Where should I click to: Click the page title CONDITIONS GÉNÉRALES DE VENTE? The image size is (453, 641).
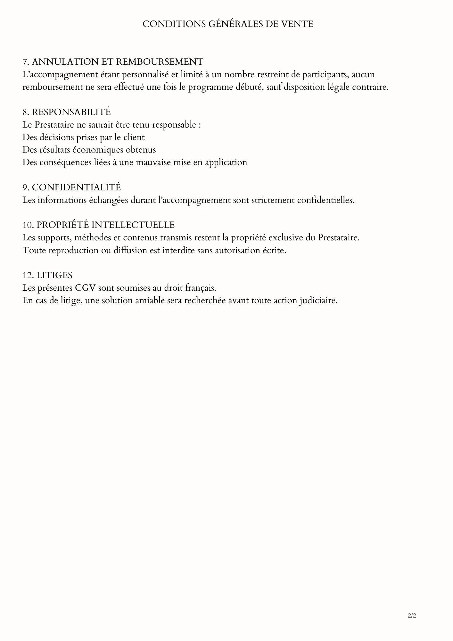(x=228, y=24)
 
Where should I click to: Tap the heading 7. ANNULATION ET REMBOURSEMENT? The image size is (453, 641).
(x=113, y=62)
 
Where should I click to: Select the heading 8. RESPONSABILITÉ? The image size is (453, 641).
(x=67, y=112)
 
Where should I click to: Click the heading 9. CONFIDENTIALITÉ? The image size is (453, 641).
(x=71, y=187)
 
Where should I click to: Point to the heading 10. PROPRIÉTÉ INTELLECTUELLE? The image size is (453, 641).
(x=98, y=225)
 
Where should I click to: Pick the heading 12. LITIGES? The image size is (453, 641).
(x=47, y=275)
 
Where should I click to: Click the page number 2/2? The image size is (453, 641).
(x=412, y=616)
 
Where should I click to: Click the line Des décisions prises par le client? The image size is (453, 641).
(x=83, y=137)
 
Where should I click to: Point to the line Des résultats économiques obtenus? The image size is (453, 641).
(x=89, y=150)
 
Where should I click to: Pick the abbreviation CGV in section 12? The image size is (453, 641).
(x=86, y=288)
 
